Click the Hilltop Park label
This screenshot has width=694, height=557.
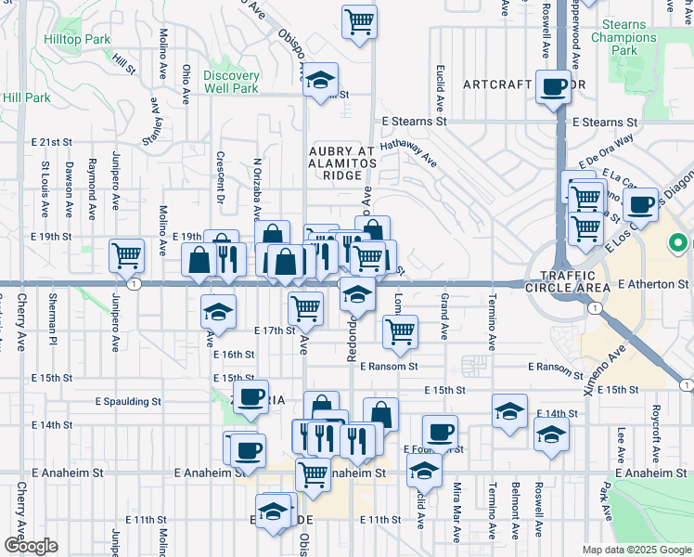click(77, 40)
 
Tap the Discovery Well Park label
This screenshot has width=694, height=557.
click(231, 82)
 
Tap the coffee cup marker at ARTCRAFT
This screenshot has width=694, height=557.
click(555, 86)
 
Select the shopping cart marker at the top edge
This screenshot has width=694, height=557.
click(359, 20)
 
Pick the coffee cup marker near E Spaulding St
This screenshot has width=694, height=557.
click(249, 396)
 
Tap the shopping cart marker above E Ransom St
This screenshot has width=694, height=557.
click(400, 330)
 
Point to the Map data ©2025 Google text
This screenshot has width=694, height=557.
click(636, 550)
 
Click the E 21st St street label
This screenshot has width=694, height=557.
click(51, 142)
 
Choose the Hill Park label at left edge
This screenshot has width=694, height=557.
click(26, 97)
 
